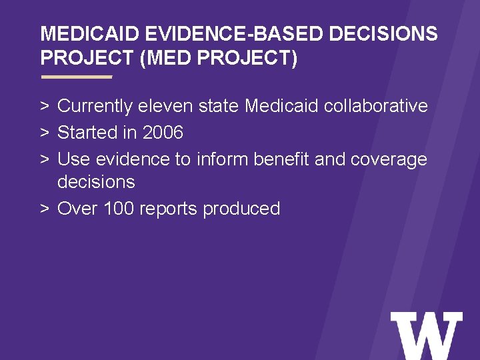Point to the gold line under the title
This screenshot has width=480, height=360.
pyautogui.click(x=77, y=77)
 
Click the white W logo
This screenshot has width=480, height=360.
pyautogui.click(x=426, y=336)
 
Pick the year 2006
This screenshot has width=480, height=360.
pyautogui.click(x=163, y=133)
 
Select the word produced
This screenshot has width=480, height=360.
pyautogui.click(x=241, y=209)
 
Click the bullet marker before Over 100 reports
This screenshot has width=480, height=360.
pyautogui.click(x=44, y=209)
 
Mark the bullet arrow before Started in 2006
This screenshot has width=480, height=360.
pyautogui.click(x=44, y=133)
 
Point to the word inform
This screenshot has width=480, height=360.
pyautogui.click(x=221, y=159)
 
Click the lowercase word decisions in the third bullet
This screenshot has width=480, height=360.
pyautogui.click(x=96, y=182)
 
